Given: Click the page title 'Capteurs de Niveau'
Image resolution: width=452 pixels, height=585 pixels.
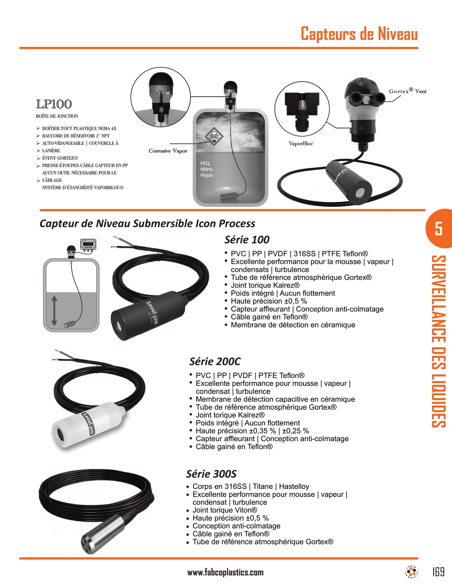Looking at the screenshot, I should click(359, 34).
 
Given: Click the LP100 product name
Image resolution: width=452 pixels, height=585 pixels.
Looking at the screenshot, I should click(54, 104).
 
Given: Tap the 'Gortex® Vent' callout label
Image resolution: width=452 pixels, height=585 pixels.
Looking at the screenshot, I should click(407, 91).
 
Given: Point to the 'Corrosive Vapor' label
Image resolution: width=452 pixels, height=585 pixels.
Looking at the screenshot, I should click(168, 151).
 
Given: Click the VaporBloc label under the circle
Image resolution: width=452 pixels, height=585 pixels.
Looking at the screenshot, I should click(301, 144).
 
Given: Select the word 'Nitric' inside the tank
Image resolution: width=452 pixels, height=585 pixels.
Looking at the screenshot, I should click(206, 169).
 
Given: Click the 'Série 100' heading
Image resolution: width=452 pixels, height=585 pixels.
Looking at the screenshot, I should click(247, 240).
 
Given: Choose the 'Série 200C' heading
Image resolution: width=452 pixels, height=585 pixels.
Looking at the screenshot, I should click(215, 361).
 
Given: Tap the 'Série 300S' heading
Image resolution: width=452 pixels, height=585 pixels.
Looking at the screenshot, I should click(211, 474).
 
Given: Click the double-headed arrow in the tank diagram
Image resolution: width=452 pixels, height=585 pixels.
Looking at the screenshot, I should click(54, 310).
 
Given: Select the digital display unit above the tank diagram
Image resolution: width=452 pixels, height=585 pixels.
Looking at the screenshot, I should click(88, 244).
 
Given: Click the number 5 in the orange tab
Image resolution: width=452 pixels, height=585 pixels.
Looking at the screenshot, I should click(438, 228).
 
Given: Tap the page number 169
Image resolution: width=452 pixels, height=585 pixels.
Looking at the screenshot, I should click(438, 572).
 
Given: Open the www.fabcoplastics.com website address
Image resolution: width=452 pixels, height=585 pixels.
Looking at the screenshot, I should click(225, 573).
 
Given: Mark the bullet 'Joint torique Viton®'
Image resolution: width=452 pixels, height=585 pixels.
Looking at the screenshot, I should click(224, 510).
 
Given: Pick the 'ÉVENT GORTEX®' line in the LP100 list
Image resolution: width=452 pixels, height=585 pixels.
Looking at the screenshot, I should click(60, 158).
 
